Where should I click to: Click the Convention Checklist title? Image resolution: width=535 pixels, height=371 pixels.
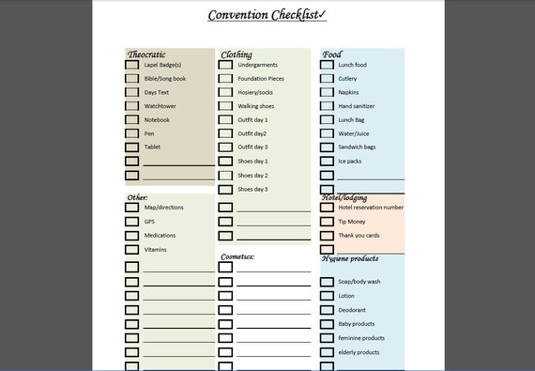(267, 15)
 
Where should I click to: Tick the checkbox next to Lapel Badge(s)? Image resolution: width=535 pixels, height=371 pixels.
(131, 65)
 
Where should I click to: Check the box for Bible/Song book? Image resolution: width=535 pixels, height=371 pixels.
(131, 79)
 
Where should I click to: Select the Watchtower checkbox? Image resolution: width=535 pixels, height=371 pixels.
(131, 106)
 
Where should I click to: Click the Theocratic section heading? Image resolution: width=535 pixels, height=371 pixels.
(146, 54)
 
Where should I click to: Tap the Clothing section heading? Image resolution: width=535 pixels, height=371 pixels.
(237, 54)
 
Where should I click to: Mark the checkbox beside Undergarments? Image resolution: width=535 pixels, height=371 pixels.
(225, 65)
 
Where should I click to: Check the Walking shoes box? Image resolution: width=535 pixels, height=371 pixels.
(225, 106)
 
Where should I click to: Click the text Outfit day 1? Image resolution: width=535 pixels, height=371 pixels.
(252, 120)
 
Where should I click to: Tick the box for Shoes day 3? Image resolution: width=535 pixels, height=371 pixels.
(225, 189)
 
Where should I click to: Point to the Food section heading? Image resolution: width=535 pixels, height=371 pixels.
(331, 54)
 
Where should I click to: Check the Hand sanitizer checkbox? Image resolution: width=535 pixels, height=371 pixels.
(327, 106)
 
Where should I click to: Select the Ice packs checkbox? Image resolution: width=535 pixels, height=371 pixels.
(327, 161)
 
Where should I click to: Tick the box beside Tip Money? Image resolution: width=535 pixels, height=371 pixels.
(327, 222)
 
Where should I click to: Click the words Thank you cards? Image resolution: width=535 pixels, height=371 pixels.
(359, 236)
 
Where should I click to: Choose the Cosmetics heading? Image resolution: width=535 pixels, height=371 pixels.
(237, 255)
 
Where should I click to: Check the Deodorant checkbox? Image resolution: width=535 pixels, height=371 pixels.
(327, 310)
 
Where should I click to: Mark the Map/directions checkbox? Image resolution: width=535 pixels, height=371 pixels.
(131, 208)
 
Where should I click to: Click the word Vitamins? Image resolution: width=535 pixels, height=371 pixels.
(155, 250)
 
